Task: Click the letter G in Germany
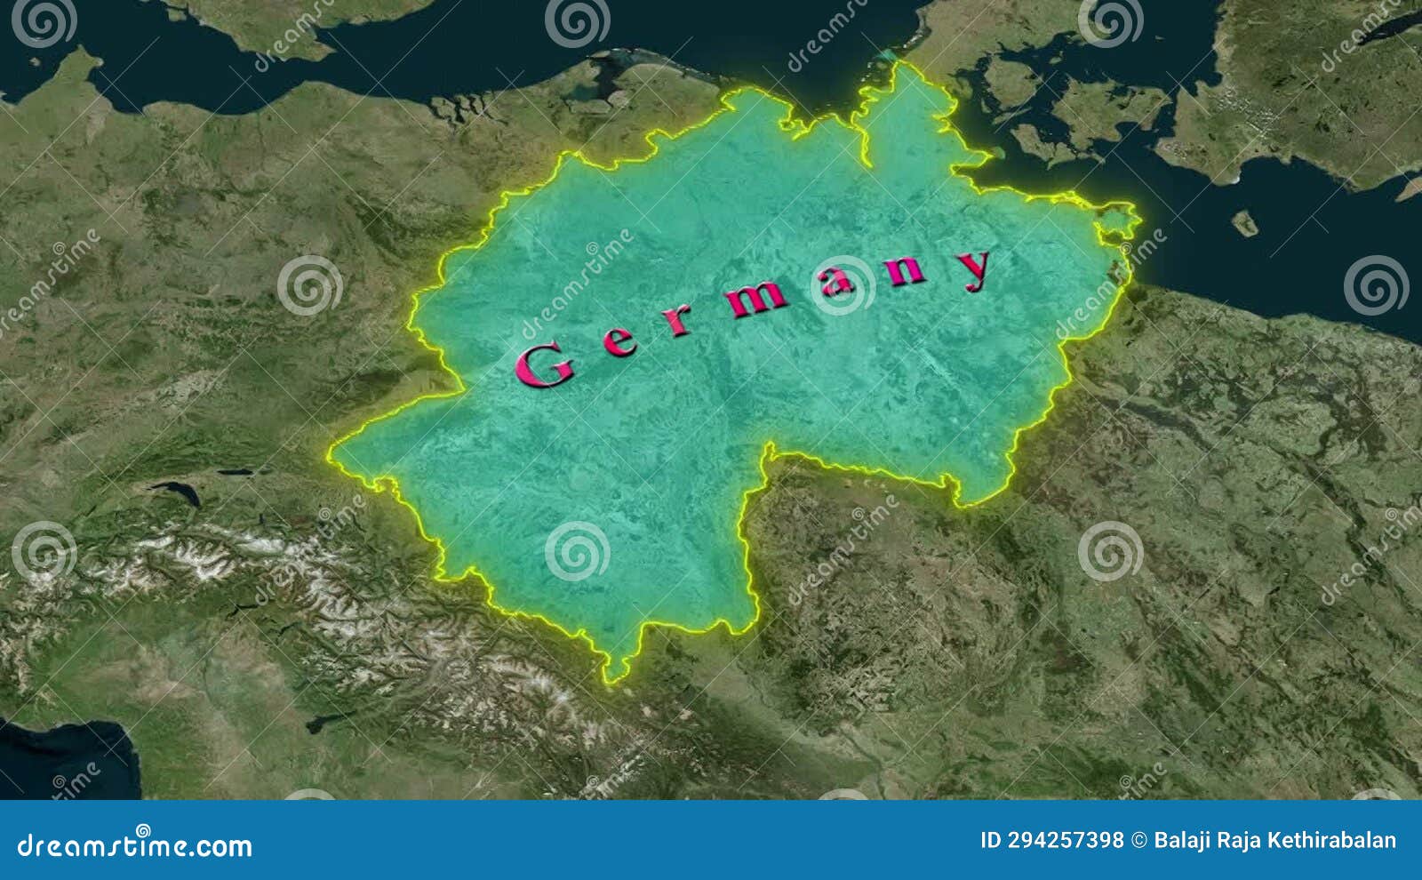tap(544, 365)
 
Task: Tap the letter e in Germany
tap(620, 340)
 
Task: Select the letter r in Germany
tap(679, 320)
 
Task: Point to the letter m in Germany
tap(757, 299)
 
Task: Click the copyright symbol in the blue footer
tap(1138, 840)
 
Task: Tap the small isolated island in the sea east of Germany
tap(1245, 222)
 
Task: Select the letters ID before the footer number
tap(991, 840)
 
